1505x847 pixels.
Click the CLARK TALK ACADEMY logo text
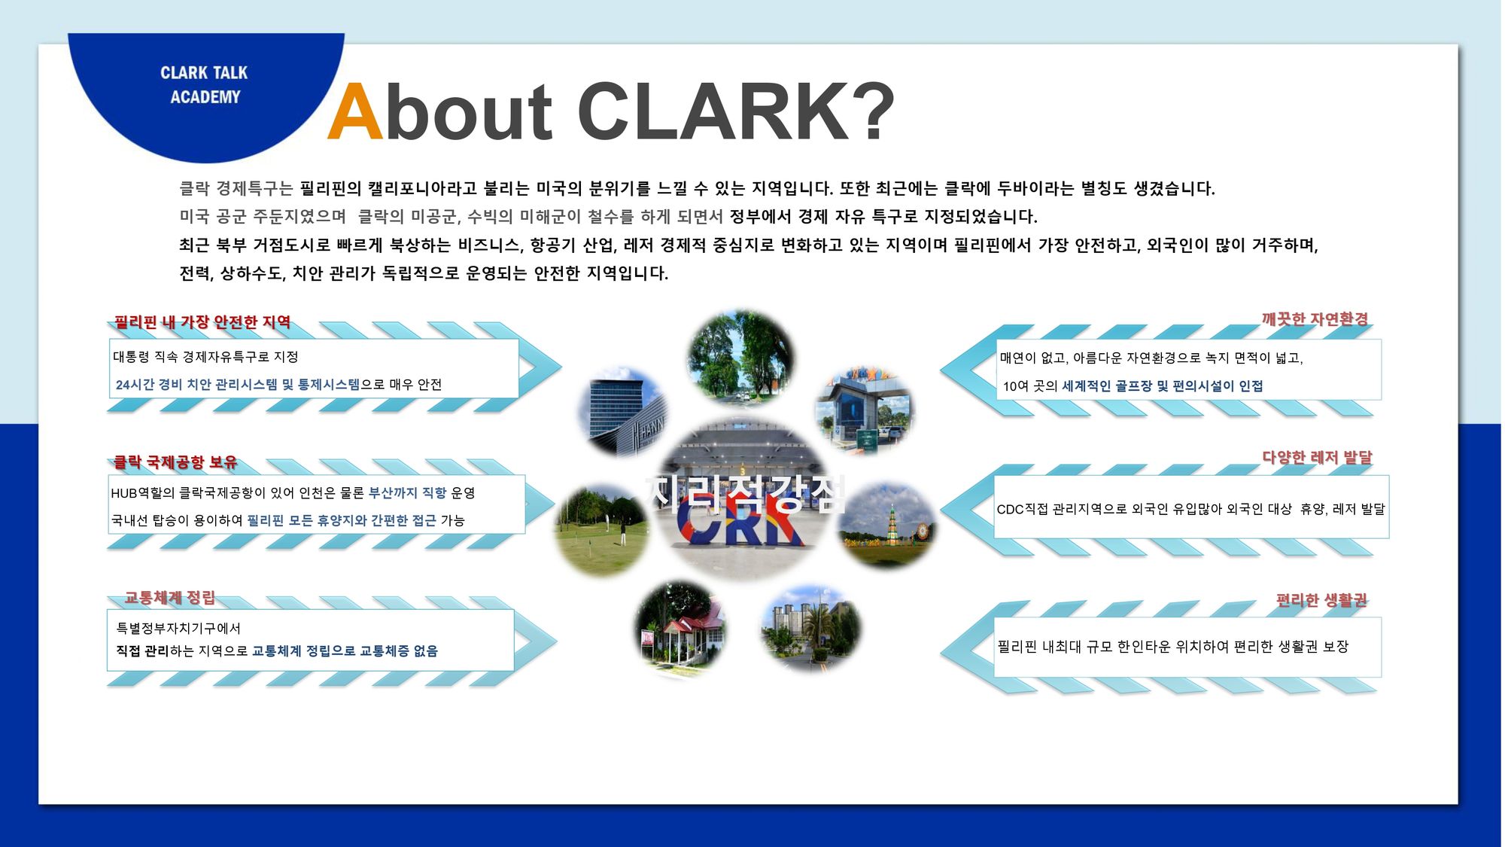204,85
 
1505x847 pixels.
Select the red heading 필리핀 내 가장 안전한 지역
202,322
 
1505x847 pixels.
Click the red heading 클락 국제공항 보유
175,462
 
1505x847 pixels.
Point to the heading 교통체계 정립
170,598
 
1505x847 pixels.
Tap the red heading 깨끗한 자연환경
1315,319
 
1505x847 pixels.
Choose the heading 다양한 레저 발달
1317,457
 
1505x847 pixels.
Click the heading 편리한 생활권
1321,600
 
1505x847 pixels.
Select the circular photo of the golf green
602,531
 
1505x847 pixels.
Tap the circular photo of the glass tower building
624,413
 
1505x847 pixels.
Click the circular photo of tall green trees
741,357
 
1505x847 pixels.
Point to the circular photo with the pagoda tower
888,525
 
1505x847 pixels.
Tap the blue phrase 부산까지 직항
407,493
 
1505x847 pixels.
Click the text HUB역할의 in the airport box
142,493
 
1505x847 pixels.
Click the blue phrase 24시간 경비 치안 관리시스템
196,385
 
